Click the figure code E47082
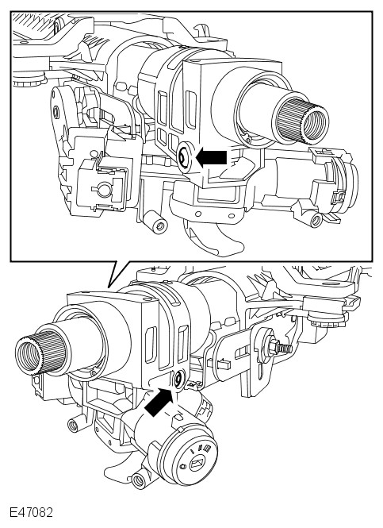click(31, 512)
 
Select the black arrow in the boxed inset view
click(211, 157)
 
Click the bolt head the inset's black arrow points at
click(184, 158)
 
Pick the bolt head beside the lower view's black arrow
click(178, 380)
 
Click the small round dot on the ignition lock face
click(182, 467)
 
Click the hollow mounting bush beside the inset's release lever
click(155, 222)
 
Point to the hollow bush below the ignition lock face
click(140, 480)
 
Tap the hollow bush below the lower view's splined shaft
click(74, 426)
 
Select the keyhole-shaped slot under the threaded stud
click(261, 370)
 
